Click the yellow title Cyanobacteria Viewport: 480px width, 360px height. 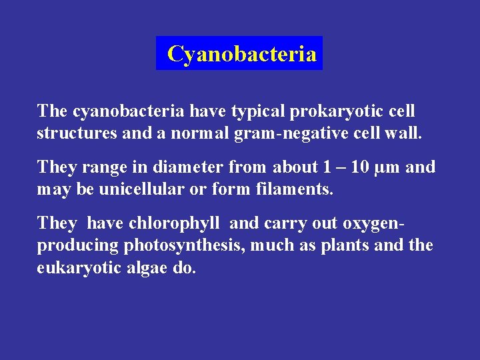pos(241,53)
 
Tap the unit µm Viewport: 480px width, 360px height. pos(388,167)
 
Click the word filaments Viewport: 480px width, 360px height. pos(293,189)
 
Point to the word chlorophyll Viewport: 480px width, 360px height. pos(173,223)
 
